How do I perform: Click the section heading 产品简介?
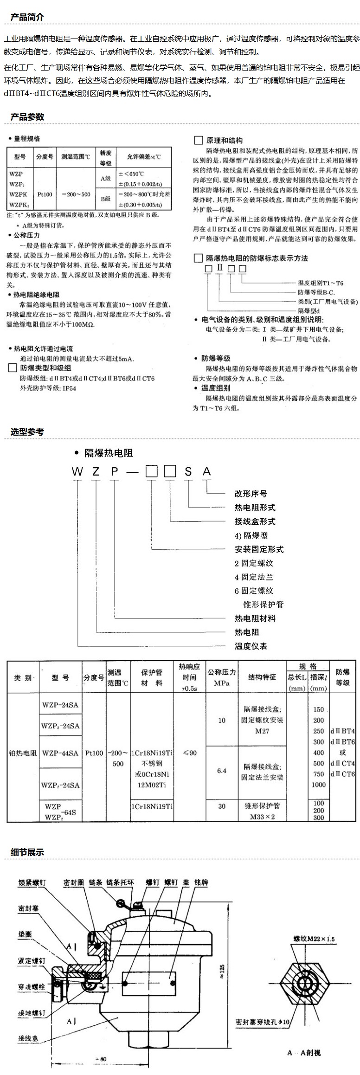pyautogui.click(x=27, y=17)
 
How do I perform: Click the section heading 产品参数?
pyautogui.click(x=27, y=116)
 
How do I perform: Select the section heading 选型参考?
pyautogui.click(x=27, y=432)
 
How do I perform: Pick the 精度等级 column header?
pyautogui.click(x=106, y=158)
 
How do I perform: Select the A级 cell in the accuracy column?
pyautogui.click(x=106, y=178)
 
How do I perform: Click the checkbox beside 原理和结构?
pyautogui.click(x=198, y=140)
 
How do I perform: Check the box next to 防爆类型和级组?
pyautogui.click(x=13, y=368)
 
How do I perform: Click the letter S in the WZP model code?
pyautogui.click(x=188, y=472)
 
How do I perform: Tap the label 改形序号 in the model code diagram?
pyautogui.click(x=251, y=494)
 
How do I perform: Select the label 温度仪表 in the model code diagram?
pyautogui.click(x=251, y=646)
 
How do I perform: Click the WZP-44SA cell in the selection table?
pyautogui.click(x=60, y=753)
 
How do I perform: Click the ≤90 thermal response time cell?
pyautogui.click(x=190, y=753)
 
